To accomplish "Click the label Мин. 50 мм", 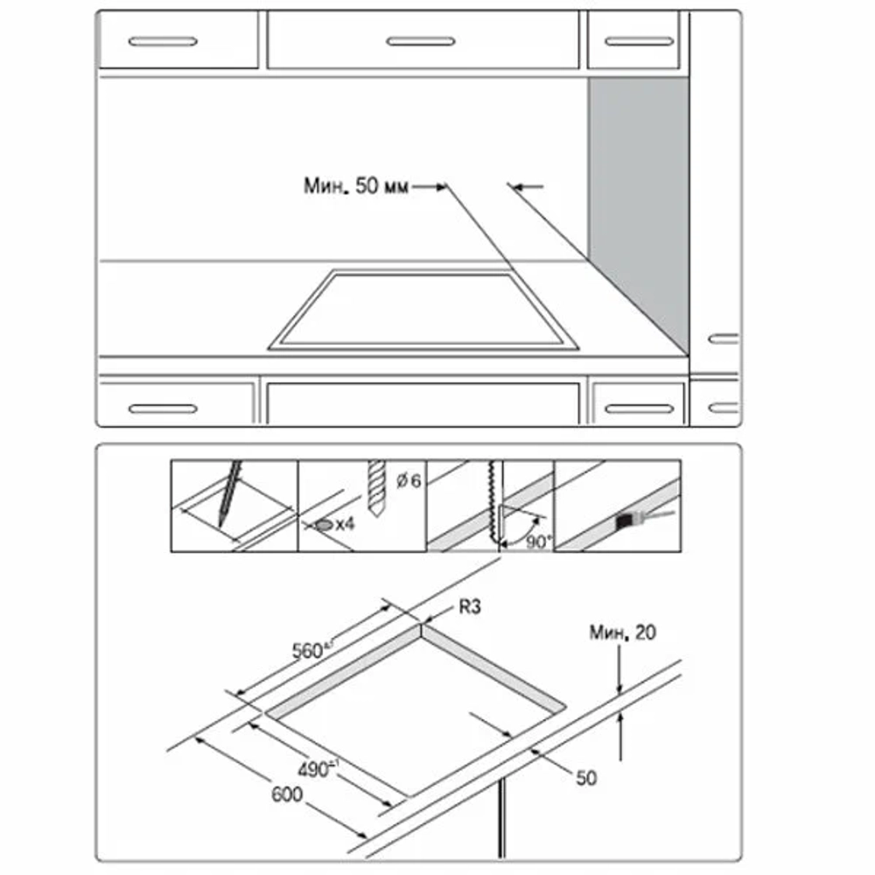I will [355, 185].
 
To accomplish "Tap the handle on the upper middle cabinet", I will [421, 41].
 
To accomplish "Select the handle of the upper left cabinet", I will [163, 41].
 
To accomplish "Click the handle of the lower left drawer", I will [163, 409].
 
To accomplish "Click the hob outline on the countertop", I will [424, 311].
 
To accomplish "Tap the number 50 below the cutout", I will [586, 776].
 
